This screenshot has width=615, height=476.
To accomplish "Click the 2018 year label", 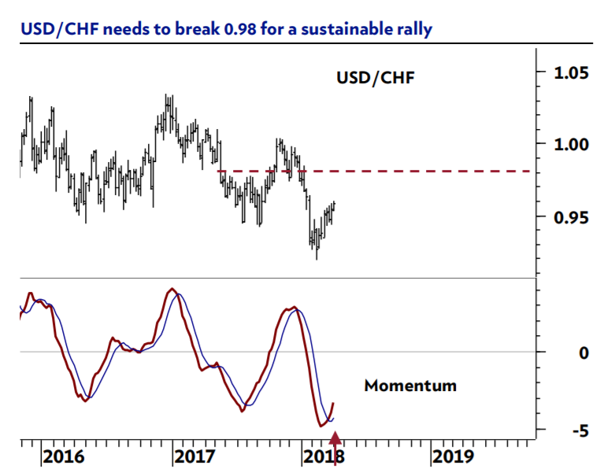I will click(x=322, y=456).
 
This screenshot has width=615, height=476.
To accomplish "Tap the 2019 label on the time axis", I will click(x=453, y=456).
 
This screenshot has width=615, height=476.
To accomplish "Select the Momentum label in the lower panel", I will click(x=410, y=386).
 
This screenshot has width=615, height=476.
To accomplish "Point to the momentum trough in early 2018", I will click(x=321, y=426).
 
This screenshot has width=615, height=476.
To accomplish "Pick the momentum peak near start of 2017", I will click(x=172, y=289).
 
